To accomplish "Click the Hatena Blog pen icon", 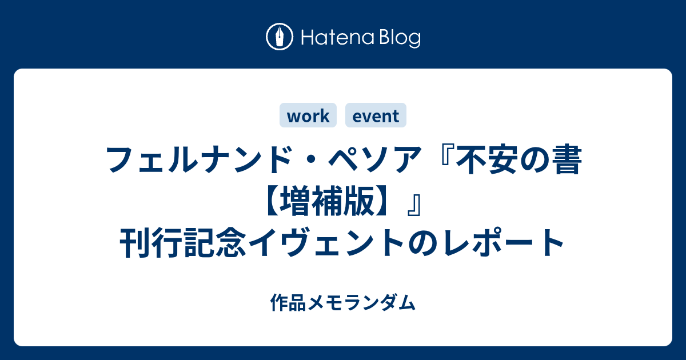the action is click(280, 37).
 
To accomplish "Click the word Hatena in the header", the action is click(338, 38).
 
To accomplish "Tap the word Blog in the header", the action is click(400, 38).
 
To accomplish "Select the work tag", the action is click(308, 115).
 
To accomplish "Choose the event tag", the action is click(376, 115).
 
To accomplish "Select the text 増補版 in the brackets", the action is click(326, 201).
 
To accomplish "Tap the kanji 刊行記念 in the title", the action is click(183, 242).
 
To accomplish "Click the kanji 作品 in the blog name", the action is click(288, 302).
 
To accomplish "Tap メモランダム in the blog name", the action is click(361, 302).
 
